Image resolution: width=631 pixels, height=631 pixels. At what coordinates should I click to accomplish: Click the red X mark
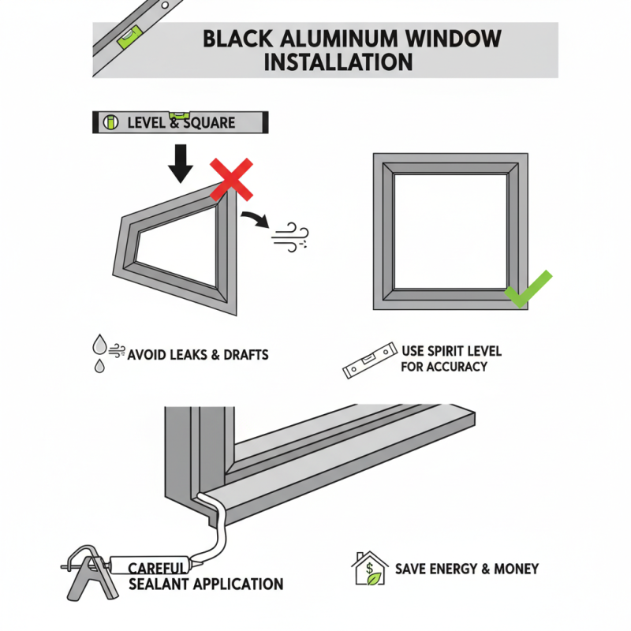coord(230,178)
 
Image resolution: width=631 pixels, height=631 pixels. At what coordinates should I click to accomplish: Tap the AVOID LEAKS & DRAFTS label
coord(197,354)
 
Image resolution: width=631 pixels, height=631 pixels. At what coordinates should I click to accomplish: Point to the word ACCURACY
coord(453,367)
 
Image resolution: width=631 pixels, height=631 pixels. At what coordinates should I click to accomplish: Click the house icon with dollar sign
coord(369,568)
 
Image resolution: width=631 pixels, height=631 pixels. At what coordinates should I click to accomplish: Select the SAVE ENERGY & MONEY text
coord(467,569)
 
